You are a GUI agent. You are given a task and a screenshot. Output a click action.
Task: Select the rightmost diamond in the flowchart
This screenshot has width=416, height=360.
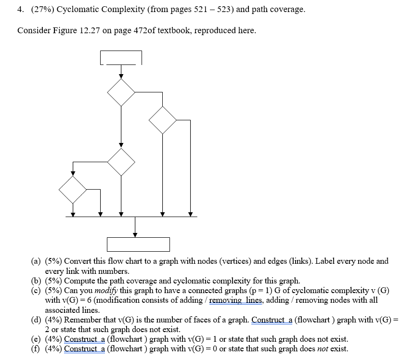point(163,120)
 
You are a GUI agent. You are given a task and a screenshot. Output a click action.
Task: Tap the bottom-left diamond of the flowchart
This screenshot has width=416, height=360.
point(73,190)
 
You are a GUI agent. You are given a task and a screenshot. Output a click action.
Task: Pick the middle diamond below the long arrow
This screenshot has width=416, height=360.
point(121,162)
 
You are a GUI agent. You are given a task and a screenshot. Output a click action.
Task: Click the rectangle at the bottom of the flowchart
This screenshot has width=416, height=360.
point(138,244)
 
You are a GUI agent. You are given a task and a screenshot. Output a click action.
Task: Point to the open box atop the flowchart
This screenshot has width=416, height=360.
point(121,57)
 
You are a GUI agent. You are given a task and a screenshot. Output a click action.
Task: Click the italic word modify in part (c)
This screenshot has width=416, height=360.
point(105,291)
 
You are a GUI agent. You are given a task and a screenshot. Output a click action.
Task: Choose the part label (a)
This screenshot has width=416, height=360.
point(36,261)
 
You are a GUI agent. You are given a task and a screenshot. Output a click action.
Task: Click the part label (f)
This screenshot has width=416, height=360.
point(35,349)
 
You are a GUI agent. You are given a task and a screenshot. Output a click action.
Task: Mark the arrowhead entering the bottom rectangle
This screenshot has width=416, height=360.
point(135,234)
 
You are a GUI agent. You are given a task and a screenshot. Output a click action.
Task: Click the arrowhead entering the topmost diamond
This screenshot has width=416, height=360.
point(121,75)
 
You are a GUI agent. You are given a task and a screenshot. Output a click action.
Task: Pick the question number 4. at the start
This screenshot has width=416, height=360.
point(20,9)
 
